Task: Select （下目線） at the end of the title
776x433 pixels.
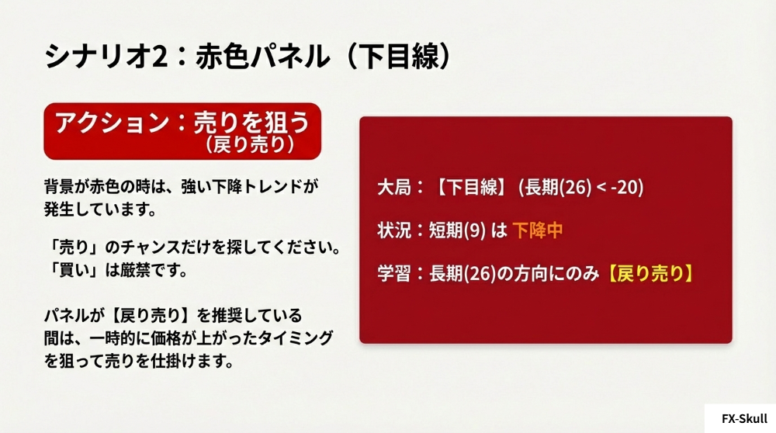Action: point(395,57)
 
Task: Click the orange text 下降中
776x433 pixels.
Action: point(538,230)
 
